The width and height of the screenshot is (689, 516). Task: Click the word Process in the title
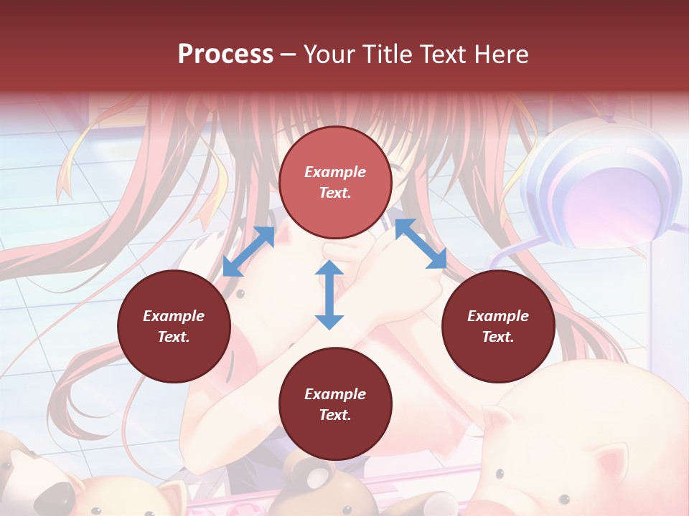point(225,54)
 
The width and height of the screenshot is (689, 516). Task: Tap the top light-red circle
point(335,183)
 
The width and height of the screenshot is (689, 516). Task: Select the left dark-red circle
point(174,326)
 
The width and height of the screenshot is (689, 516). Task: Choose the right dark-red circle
point(498,326)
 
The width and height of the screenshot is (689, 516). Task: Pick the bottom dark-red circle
point(335,404)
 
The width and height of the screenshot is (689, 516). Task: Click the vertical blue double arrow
point(329,295)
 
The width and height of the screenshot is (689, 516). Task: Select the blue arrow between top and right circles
point(421,244)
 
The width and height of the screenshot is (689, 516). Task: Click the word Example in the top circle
point(335,172)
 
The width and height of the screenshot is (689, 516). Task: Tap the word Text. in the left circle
point(174,337)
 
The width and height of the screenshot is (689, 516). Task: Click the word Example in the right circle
point(498,316)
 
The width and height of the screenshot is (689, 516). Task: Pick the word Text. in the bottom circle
point(335,415)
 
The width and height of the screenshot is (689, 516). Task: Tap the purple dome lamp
point(603,186)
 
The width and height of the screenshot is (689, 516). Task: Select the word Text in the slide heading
point(439,54)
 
